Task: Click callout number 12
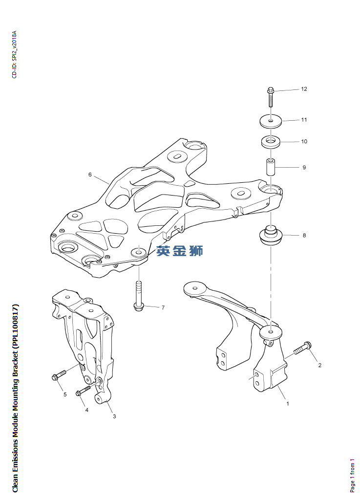[x=304, y=89]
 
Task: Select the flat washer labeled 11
[x=271, y=121]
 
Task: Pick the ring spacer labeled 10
[x=271, y=141]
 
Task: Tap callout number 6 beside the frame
[x=90, y=175]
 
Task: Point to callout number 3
[x=114, y=416]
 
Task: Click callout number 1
[x=287, y=403]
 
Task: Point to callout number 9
[x=304, y=167]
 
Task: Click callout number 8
[x=304, y=235]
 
